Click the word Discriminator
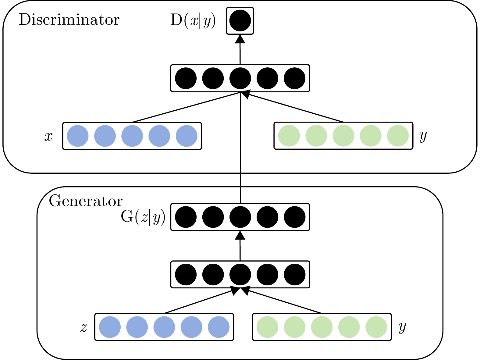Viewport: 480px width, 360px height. (x=69, y=20)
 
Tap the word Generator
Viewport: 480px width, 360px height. (x=86, y=201)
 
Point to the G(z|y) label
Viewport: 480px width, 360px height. (x=143, y=218)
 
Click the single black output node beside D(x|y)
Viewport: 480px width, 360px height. (x=240, y=21)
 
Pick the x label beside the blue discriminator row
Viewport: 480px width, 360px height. (x=49, y=136)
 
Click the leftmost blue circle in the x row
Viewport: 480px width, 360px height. (x=78, y=136)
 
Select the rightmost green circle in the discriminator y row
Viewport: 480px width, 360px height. (x=398, y=136)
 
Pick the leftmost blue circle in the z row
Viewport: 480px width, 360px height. (x=110, y=327)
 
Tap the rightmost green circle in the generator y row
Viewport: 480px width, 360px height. (x=376, y=327)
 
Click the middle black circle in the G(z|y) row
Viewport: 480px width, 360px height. (x=240, y=217)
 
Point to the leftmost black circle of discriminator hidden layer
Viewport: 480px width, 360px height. (x=186, y=78)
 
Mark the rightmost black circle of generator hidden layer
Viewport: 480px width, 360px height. (x=295, y=274)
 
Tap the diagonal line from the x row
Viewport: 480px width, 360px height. (x=186, y=107)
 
